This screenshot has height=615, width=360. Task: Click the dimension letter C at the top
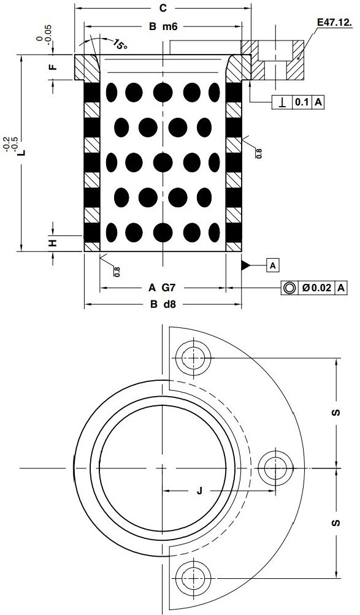[x=163, y=8]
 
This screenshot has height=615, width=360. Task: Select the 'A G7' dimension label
[x=162, y=287]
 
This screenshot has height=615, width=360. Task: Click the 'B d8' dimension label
[x=162, y=304]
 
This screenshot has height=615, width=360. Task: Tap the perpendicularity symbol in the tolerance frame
[x=282, y=102]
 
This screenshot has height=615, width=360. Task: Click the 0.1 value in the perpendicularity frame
[x=302, y=102]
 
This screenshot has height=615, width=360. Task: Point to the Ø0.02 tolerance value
[x=317, y=287]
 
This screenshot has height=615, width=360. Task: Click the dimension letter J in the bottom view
[x=199, y=491]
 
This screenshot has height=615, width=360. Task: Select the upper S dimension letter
[x=336, y=412]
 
